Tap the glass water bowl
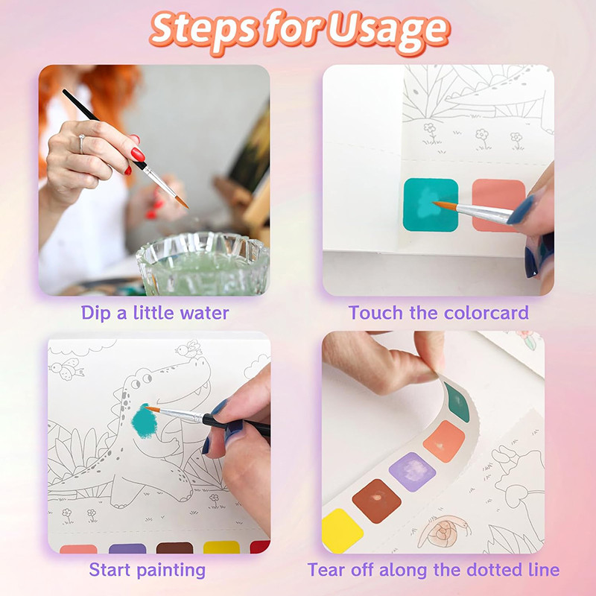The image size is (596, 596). (203, 264)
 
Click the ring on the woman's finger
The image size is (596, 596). (81, 143)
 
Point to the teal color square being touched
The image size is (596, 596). (431, 204)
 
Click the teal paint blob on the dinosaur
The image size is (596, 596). (145, 421)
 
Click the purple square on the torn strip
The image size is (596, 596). (413, 472)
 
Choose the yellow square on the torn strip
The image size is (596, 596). (341, 530)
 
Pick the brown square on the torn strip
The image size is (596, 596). (376, 501)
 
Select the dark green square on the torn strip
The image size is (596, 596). (457, 402)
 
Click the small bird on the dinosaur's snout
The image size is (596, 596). (188, 349)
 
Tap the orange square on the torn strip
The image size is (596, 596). (444, 441)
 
